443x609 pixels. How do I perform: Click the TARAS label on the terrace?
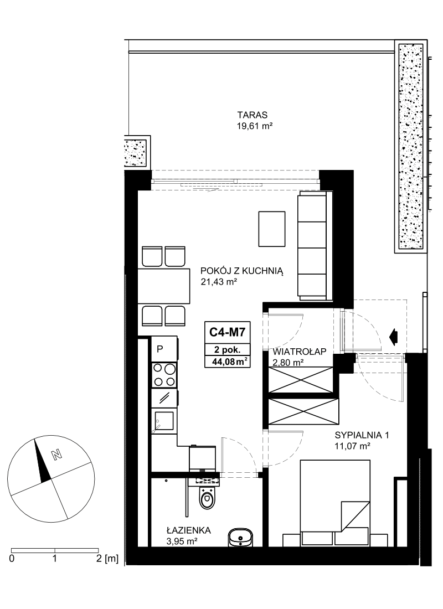(253, 115)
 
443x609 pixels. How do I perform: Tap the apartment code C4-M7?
(228, 332)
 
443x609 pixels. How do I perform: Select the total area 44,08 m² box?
(228, 362)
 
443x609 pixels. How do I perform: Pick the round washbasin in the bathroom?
(240, 538)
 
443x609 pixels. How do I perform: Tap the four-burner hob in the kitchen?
(164, 374)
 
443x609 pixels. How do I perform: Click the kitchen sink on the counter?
(163, 421)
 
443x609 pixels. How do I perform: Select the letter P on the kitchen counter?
(159, 349)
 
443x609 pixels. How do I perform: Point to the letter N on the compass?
(58, 455)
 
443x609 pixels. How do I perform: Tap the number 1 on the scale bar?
(55, 559)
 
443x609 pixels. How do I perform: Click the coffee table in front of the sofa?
(272, 229)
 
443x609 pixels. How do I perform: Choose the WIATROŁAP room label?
(300, 352)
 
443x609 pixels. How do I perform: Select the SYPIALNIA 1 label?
(362, 435)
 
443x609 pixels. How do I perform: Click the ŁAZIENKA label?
(188, 530)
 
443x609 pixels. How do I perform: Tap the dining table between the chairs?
(164, 286)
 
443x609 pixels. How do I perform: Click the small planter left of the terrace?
(137, 152)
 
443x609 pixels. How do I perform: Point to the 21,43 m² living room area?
(219, 282)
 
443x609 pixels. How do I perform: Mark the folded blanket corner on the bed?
(356, 516)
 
